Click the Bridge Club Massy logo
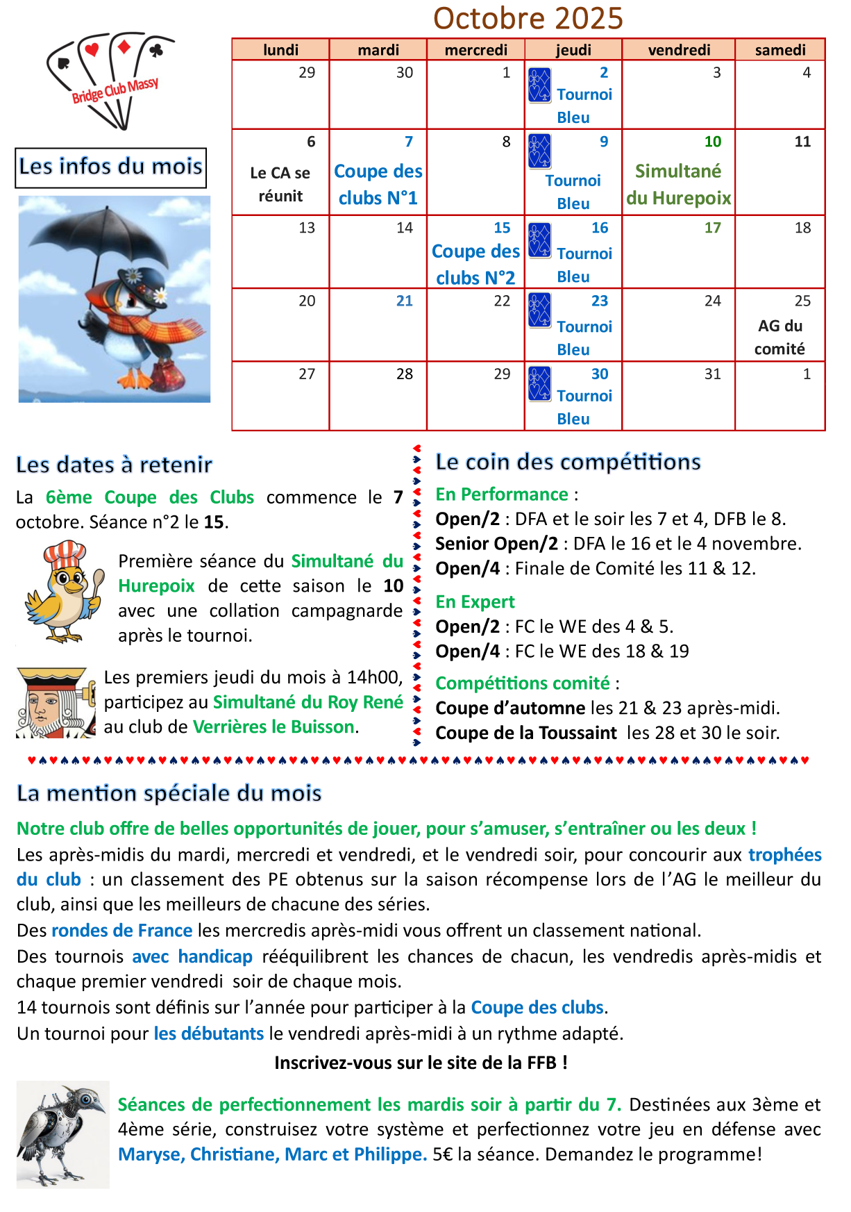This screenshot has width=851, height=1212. tap(111, 80)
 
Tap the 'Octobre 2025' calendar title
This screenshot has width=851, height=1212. tap(528, 18)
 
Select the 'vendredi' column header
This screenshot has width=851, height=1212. tap(678, 50)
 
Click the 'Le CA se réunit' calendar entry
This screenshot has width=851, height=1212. tap(280, 185)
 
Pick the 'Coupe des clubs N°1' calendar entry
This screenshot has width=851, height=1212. tap(378, 185)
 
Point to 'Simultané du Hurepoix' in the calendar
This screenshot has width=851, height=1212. tap(678, 185)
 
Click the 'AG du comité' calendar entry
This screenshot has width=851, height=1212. tap(780, 338)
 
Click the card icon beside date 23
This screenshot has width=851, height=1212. tap(539, 310)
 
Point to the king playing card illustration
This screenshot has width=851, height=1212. tap(56, 702)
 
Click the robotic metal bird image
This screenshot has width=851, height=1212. tap(62, 1134)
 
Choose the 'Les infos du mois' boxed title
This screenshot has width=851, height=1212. tap(111, 167)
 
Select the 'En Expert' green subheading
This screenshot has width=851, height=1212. tap(475, 601)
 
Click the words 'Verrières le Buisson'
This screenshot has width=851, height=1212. tap(273, 727)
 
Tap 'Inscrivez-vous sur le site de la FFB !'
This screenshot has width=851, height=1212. tap(421, 1063)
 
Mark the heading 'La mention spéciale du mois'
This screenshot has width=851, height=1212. tap(169, 793)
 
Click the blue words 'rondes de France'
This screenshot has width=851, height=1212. tap(121, 931)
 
